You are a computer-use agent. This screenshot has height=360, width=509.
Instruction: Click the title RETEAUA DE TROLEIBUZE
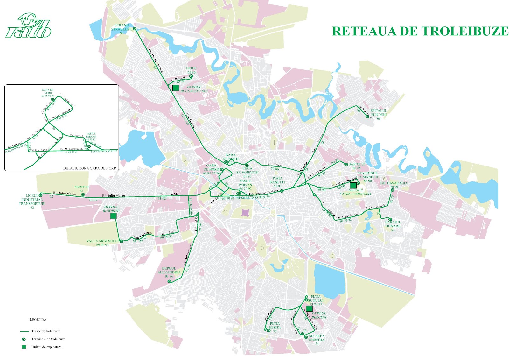click(x=420, y=31)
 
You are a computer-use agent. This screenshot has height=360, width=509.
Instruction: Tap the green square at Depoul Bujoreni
click(x=113, y=216)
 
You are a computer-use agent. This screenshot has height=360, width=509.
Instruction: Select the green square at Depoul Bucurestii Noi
click(x=175, y=88)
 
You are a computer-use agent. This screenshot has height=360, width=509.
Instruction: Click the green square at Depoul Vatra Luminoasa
click(x=353, y=185)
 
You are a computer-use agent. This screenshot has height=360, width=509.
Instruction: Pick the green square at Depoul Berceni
click(x=309, y=308)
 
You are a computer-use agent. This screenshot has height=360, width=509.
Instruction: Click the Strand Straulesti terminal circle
click(x=135, y=29)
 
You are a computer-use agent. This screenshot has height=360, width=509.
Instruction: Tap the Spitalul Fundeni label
click(x=379, y=113)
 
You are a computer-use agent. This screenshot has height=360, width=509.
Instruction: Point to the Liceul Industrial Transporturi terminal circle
click(x=40, y=195)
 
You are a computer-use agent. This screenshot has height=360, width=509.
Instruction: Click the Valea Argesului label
click(x=102, y=241)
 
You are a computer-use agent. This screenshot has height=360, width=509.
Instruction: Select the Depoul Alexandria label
click(x=169, y=271)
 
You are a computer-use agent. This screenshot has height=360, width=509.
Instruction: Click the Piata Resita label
click(x=275, y=326)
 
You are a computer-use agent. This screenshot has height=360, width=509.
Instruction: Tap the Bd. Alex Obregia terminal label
click(x=317, y=338)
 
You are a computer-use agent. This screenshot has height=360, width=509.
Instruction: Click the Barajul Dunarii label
click(x=393, y=224)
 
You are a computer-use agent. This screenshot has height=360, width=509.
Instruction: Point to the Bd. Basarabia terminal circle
click(x=392, y=190)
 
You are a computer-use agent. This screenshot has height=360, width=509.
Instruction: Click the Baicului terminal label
click(x=357, y=164)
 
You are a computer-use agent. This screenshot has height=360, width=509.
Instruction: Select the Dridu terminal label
click(x=192, y=68)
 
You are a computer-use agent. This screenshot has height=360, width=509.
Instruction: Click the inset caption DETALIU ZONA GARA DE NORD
click(x=89, y=168)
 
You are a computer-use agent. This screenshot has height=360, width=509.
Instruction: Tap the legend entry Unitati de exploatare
click(x=46, y=347)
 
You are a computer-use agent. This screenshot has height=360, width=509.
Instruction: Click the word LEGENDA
click(x=38, y=319)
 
